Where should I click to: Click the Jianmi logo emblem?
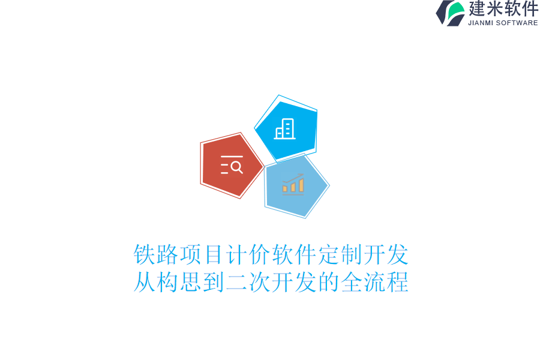(451, 13)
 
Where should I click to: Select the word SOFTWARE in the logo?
(518, 23)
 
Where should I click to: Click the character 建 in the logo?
(478, 9)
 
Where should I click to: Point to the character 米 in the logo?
(496, 9)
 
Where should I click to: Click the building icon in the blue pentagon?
(285, 129)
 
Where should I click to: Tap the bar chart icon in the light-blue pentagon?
(293, 184)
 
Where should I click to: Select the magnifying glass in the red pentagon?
(236, 166)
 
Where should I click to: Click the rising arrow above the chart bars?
(294, 178)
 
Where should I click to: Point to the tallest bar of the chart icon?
(301, 185)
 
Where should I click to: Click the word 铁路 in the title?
(156, 255)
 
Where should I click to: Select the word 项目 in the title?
(202, 255)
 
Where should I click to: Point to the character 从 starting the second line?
(145, 282)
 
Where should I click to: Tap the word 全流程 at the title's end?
(375, 282)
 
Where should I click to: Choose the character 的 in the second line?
(329, 282)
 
